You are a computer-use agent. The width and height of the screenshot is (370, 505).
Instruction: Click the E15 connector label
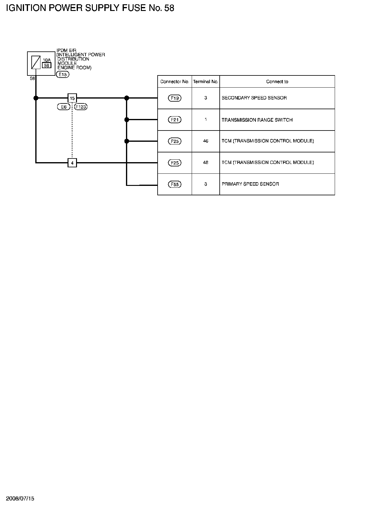coord(63,75)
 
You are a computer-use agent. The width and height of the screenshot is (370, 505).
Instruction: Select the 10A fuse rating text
coord(47,60)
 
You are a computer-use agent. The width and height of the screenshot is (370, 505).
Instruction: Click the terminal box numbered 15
coord(72,98)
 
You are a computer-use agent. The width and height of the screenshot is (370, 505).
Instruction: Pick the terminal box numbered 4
coord(72,163)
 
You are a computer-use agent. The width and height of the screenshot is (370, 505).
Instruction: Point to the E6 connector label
coord(64,107)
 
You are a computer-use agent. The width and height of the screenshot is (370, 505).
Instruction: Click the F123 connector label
coord(81,107)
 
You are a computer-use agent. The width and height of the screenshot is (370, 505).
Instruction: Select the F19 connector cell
coord(175,98)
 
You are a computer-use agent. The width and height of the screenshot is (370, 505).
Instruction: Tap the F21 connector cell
coord(175,120)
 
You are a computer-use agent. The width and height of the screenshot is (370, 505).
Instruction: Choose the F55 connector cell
coord(175,184)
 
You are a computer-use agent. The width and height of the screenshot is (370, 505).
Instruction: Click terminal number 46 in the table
coord(206,141)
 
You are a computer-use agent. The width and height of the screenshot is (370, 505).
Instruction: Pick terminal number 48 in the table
coord(206,163)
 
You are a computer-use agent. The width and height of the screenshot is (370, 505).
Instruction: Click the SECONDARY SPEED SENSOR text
coord(254,98)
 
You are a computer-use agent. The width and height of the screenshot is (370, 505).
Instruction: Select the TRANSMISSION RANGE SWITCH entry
coord(257,120)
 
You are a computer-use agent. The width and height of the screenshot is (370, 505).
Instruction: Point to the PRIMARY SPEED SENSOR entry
coord(250,184)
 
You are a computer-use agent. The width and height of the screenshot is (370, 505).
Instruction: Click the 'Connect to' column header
coord(277,82)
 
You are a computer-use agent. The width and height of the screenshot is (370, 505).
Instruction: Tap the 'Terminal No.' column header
coord(206,82)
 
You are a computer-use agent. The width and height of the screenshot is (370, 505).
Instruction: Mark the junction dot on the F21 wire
coord(127,120)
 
